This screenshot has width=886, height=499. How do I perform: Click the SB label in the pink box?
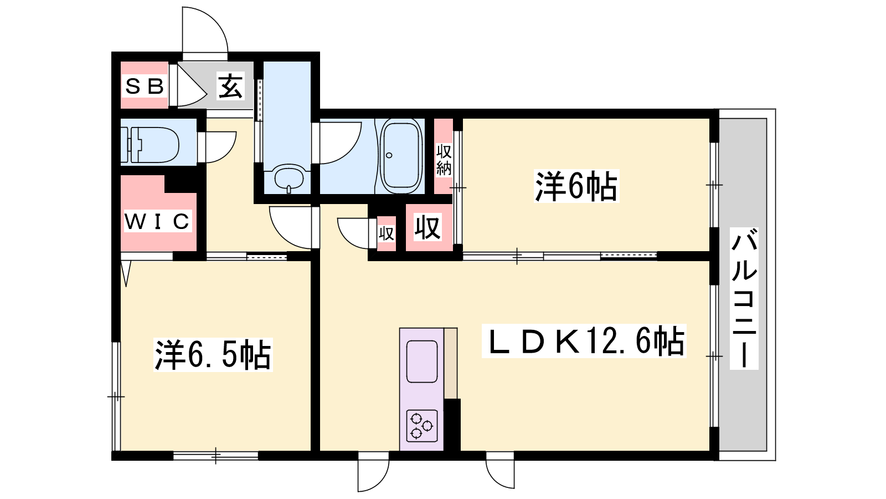coord(145,86)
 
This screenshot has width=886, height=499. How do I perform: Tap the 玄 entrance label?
coord(230,86)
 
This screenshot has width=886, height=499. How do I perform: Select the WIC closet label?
coord(157,221)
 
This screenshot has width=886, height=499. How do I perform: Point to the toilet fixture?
coord(150,145)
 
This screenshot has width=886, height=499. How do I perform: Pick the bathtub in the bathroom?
coord(401,156)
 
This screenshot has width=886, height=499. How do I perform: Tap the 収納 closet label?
coord(444,160)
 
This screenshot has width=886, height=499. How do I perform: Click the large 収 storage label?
coord(427,228)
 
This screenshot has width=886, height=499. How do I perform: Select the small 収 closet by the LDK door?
coord(386,233)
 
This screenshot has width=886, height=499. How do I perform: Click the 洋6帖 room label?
coord(576,186)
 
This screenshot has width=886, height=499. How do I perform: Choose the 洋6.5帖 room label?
coord(213,355)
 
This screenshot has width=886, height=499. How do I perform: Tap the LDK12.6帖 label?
coord(584,340)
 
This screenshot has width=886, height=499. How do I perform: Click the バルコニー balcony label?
coord(744,298)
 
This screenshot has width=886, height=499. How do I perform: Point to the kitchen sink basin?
coord(422,361)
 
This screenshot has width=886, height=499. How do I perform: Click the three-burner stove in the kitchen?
coord(422,426)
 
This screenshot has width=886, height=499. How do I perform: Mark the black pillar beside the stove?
coord(452,425)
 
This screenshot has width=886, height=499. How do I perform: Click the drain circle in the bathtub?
coord(389,155)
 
